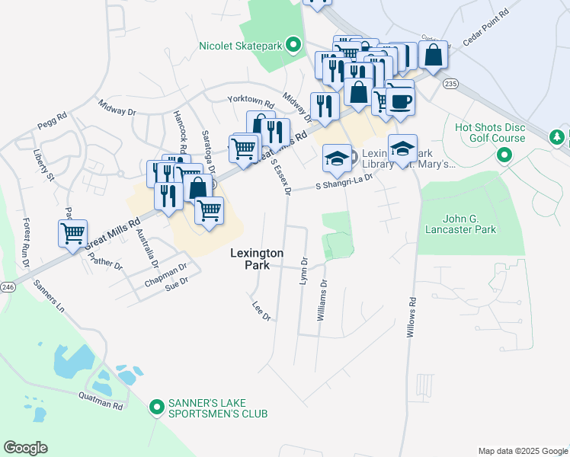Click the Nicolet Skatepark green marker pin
292,46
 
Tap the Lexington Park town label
258,259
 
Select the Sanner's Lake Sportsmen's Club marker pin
157,407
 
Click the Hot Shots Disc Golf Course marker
503,155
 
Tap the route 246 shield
8,287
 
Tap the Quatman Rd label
101,401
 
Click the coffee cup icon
401,101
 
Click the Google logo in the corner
25,447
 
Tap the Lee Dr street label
261,310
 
